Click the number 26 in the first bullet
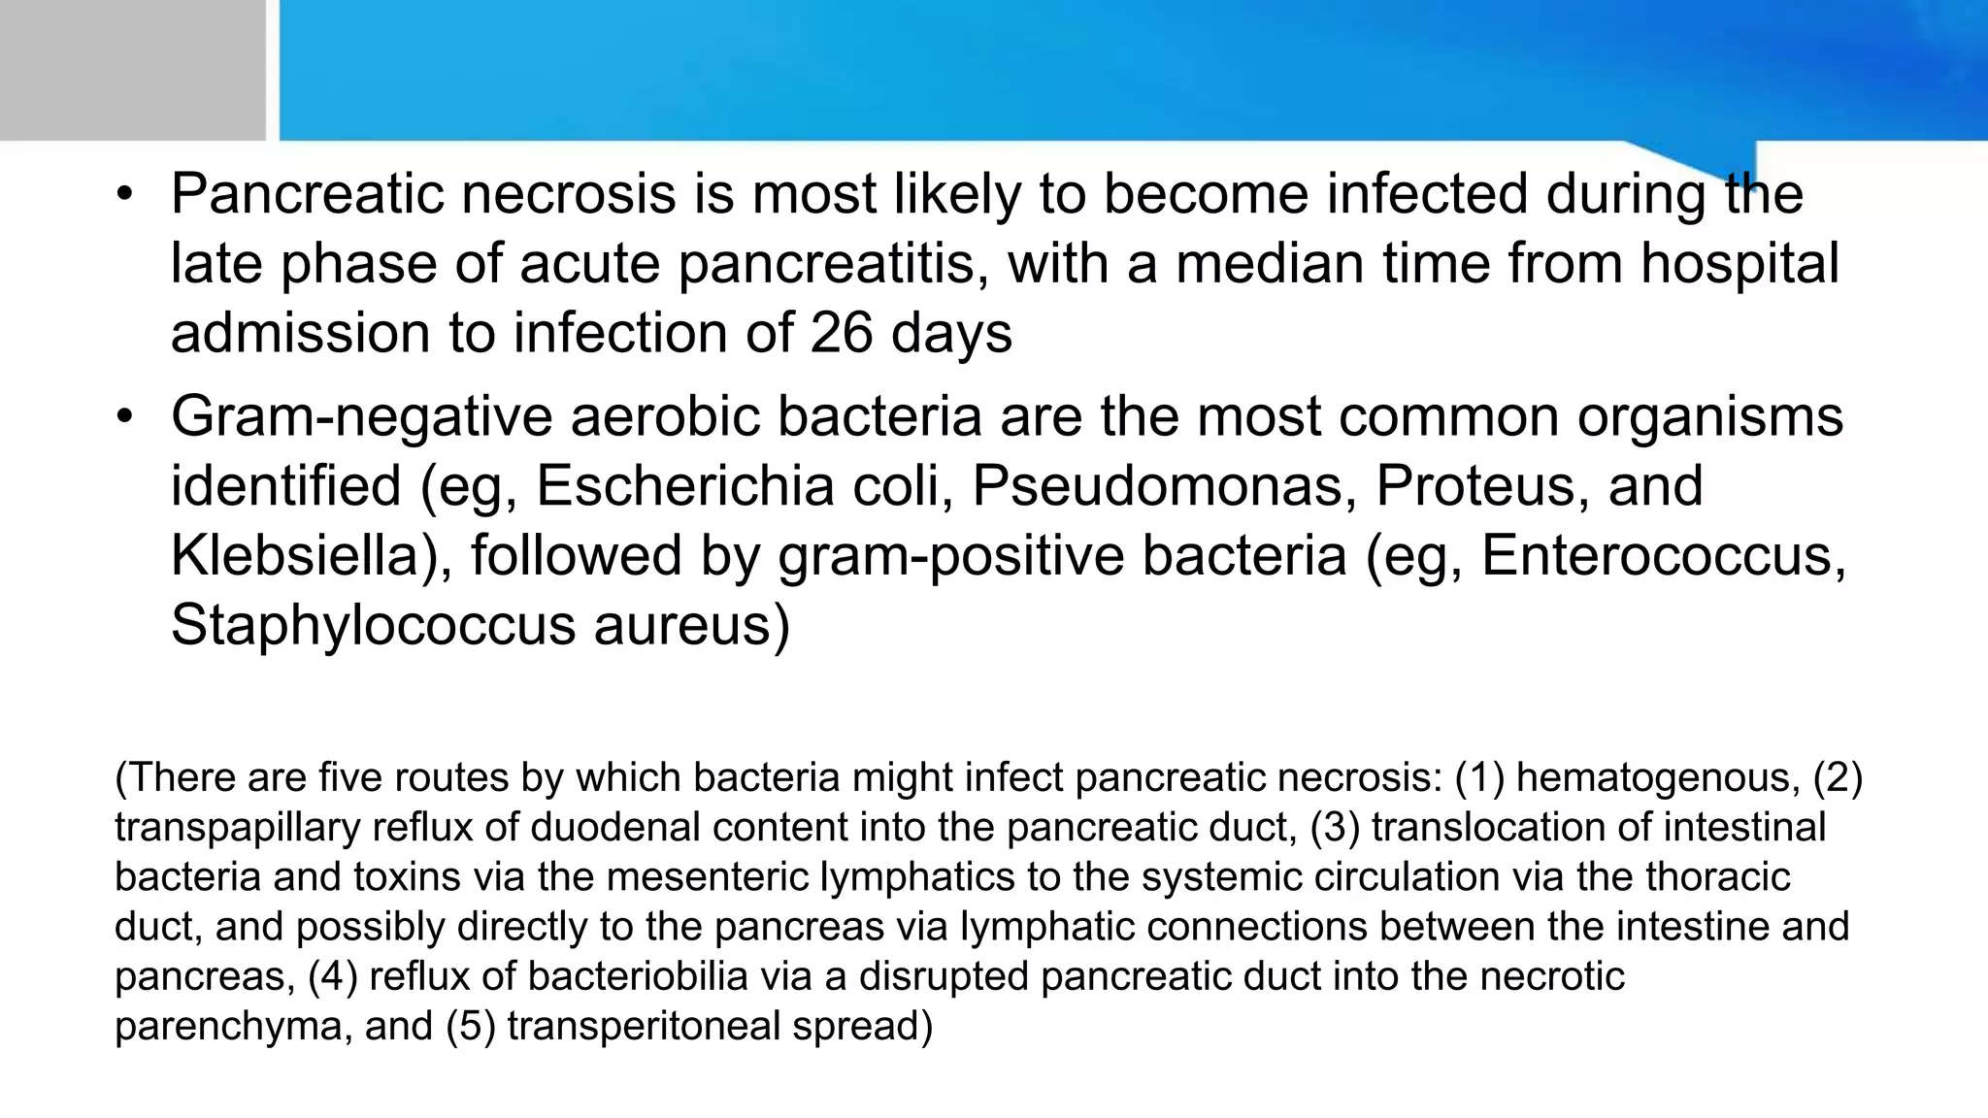coord(842,333)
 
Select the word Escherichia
coord(684,485)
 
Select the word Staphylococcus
coord(374,624)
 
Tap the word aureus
coord(692,624)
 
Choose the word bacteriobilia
coord(638,975)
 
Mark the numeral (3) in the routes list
coord(1335,827)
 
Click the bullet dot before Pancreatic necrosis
coord(123,194)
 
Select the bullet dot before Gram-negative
coord(123,416)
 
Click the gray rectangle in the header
coord(132,69)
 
